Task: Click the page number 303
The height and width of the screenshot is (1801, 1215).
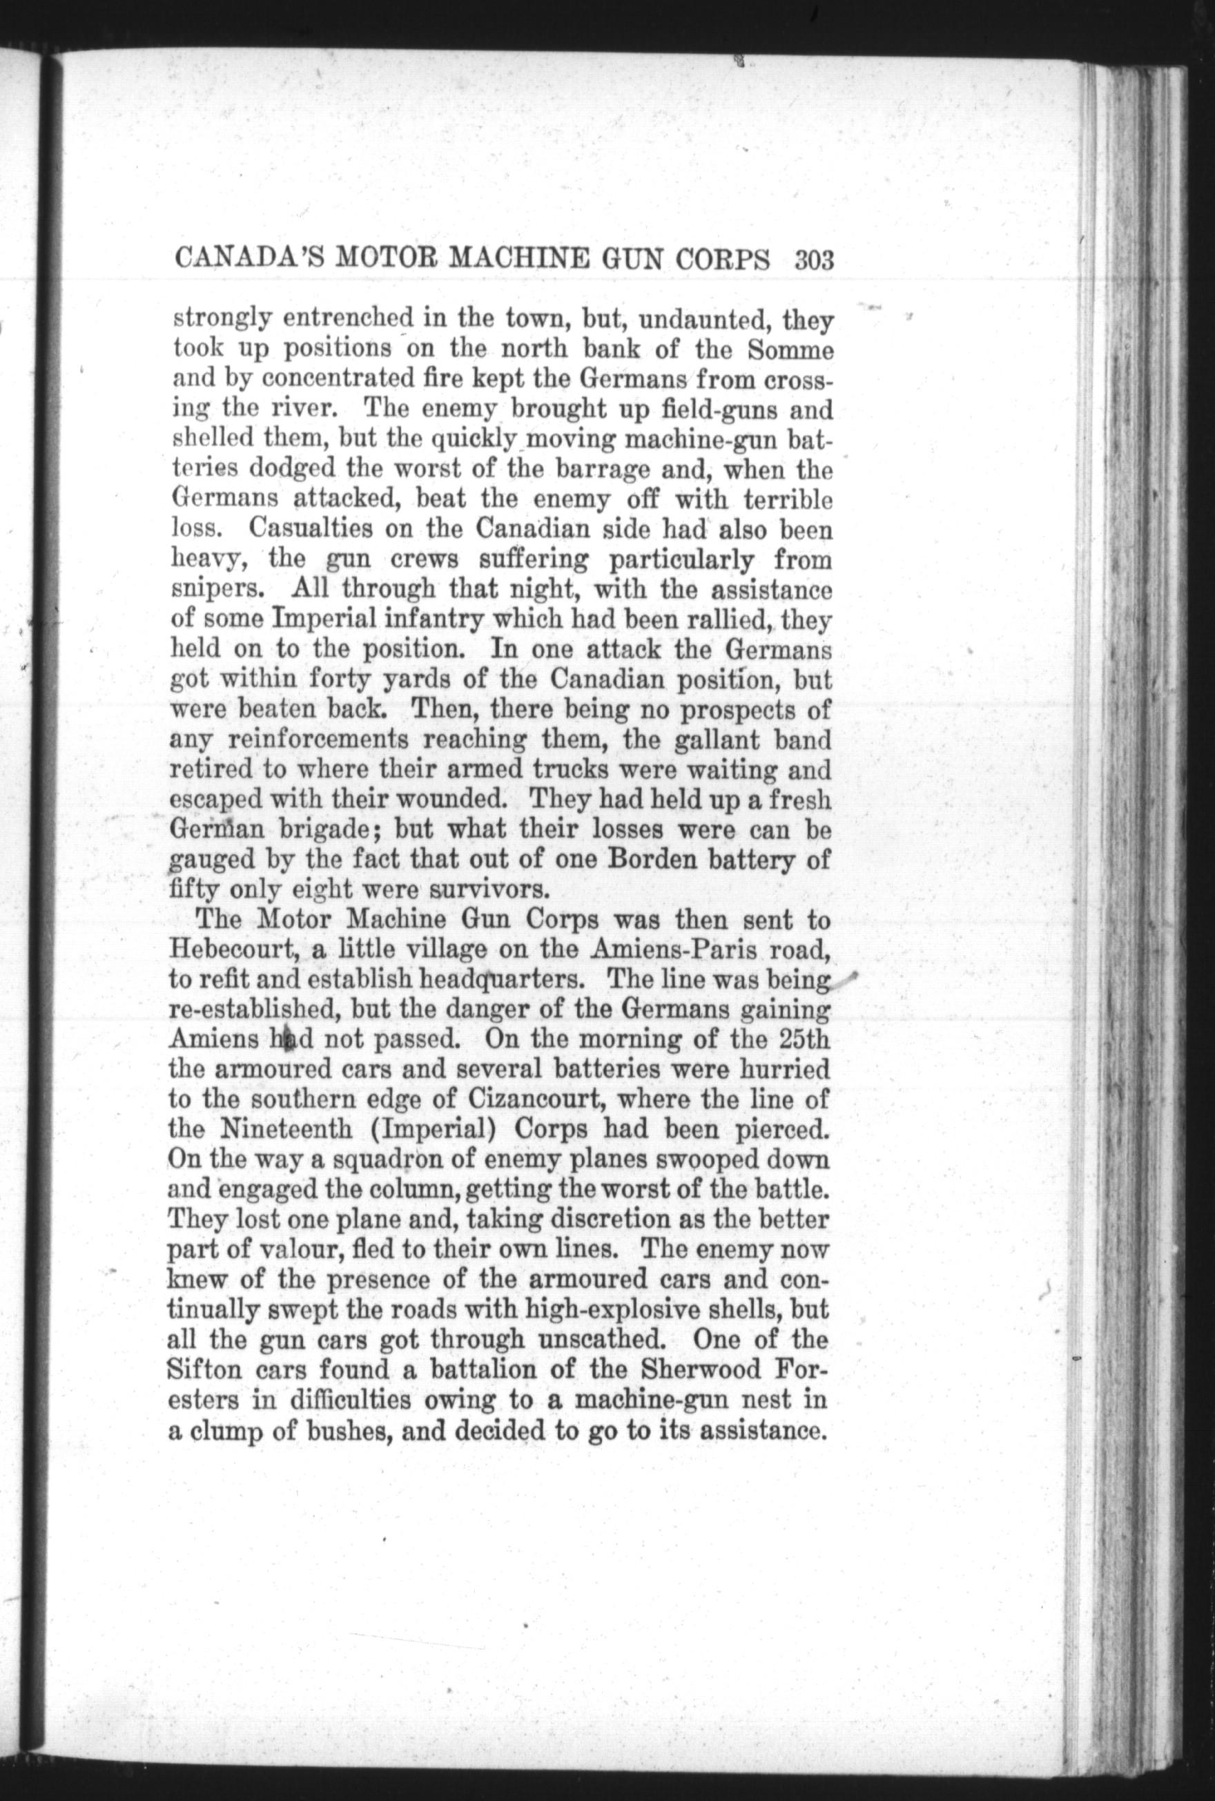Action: point(812,259)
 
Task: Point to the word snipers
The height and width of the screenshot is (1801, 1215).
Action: point(217,590)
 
